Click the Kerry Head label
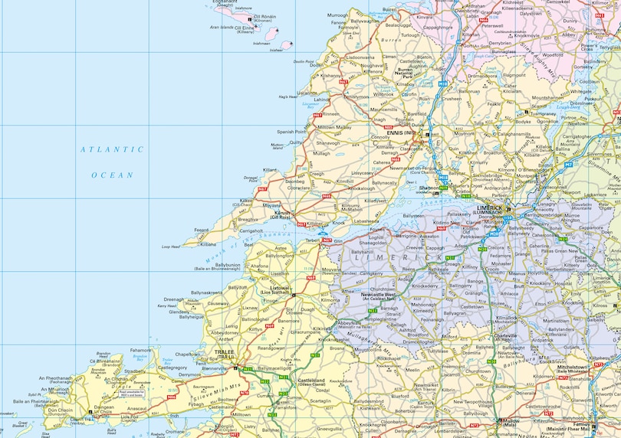pyautogui.click(x=167, y=306)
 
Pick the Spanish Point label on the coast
pyautogui.click(x=291, y=132)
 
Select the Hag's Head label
pyautogui.click(x=287, y=97)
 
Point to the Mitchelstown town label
pyautogui.click(x=572, y=367)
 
